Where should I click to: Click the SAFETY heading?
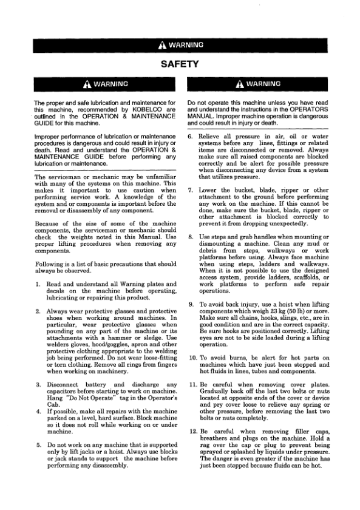(180, 63)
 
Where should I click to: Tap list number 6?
(191, 138)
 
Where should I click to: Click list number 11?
(192, 384)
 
